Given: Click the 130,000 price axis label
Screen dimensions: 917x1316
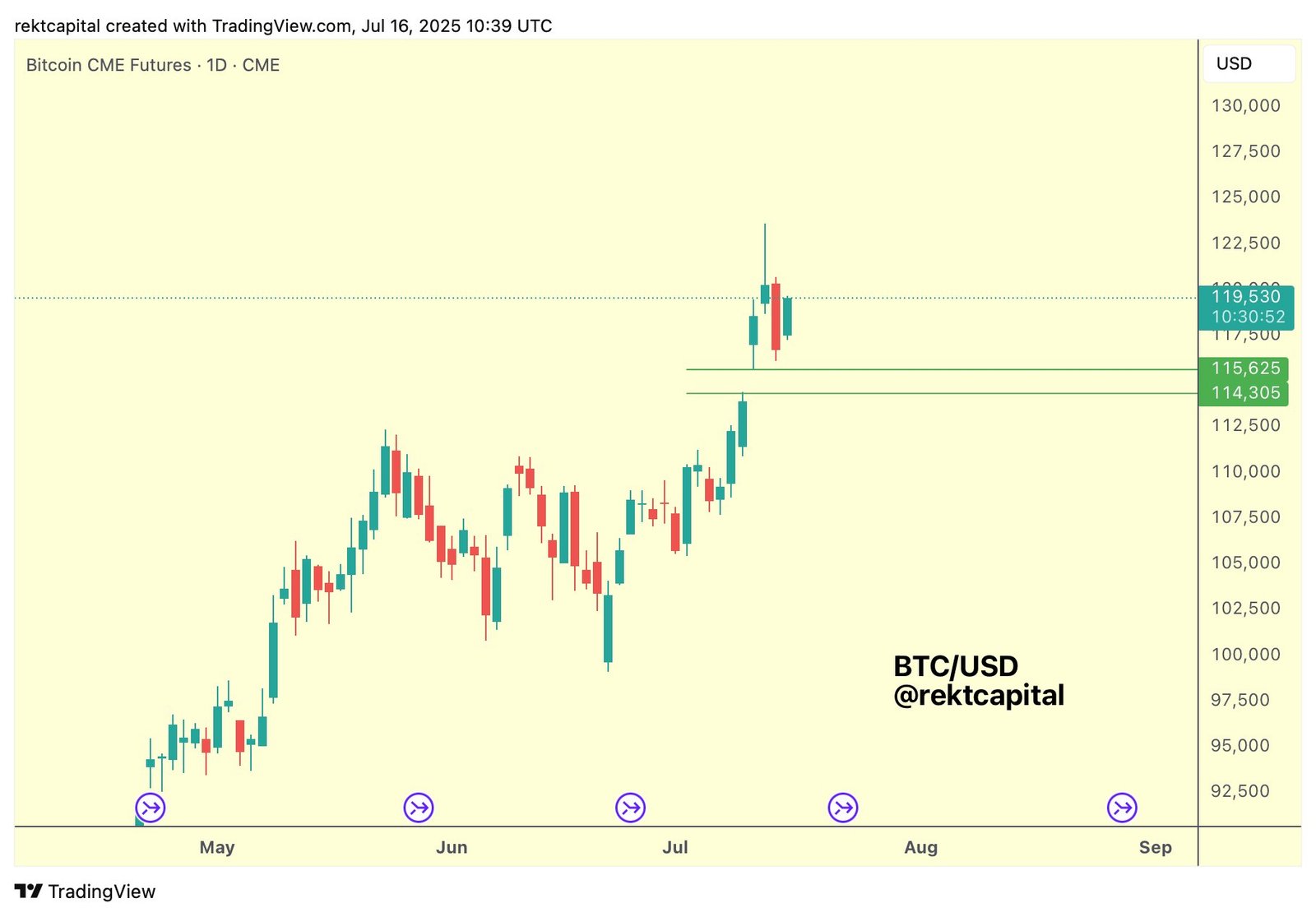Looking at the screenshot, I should point(1245,106).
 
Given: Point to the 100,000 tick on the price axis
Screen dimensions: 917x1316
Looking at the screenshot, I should point(1245,655).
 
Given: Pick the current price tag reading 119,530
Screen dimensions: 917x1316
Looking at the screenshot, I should point(1245,297).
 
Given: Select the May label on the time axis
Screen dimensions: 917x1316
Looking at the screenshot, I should point(217,847).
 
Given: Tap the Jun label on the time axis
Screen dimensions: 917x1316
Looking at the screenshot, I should point(452,847).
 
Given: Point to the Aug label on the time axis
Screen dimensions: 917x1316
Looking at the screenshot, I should point(920,847).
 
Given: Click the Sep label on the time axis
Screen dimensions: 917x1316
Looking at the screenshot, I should point(1155,847).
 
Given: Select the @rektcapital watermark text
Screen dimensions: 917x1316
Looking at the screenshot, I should point(979,696).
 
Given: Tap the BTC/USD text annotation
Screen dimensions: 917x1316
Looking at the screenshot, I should point(956,666).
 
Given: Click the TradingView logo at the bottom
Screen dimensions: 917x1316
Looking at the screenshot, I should point(86,892).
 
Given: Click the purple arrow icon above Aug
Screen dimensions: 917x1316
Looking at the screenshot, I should point(843,808).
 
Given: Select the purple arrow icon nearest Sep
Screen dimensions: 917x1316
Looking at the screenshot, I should point(1122,808).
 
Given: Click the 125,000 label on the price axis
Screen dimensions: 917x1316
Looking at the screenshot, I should point(1245,197).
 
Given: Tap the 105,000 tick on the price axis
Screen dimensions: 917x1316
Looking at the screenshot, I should point(1245,563).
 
